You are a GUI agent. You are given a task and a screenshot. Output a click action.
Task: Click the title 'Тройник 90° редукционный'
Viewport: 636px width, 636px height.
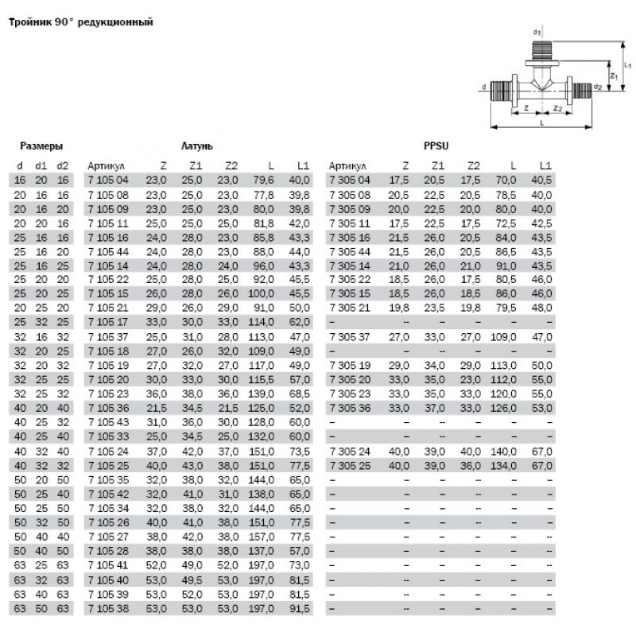pos(79,22)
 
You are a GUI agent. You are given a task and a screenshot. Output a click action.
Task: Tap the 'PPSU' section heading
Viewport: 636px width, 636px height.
pos(436,145)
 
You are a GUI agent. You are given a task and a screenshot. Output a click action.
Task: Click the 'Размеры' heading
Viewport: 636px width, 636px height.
pos(41,145)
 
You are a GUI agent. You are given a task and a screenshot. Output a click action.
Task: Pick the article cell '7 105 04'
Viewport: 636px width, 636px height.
pos(107,180)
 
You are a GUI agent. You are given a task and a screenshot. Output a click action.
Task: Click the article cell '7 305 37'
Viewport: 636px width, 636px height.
pos(349,337)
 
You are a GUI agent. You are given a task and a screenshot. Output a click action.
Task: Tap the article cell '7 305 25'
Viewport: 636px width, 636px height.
pos(349,463)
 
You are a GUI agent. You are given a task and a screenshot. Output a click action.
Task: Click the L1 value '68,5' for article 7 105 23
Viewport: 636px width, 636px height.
pos(298,394)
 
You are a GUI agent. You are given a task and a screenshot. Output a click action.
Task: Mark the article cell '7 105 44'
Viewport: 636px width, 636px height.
pos(107,250)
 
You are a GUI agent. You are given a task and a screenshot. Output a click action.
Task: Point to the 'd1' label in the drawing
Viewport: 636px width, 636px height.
pos(537,32)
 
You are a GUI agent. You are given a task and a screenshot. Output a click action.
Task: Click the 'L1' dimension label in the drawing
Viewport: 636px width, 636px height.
pos(627,65)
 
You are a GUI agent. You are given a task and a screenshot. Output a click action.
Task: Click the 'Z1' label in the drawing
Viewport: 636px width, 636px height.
pos(613,76)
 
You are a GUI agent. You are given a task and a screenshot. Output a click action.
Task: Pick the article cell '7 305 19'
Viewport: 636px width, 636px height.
pos(349,365)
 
